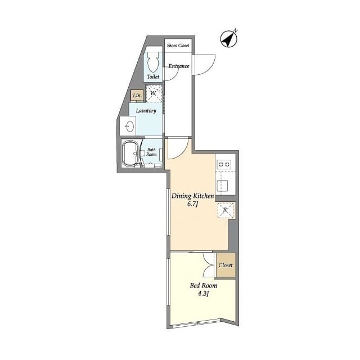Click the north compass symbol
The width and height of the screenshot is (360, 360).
click(x=229, y=39)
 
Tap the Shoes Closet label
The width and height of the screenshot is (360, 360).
click(x=178, y=46)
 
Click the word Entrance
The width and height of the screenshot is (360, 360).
click(x=179, y=66)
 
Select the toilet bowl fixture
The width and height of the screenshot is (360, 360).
click(x=152, y=62)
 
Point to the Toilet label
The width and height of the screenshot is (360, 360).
click(x=153, y=76)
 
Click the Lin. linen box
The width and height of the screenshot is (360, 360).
click(x=137, y=95)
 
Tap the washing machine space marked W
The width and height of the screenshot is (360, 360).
click(x=154, y=93)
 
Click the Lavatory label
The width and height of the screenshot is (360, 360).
click(x=146, y=111)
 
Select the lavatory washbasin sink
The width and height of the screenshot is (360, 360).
click(x=129, y=126)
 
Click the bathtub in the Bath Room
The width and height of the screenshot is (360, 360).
click(x=130, y=153)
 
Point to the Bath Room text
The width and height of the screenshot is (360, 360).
click(x=151, y=152)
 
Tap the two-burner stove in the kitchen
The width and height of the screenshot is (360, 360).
click(x=224, y=164)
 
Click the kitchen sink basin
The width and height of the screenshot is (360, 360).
click(x=223, y=186)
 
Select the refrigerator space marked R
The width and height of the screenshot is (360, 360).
click(x=226, y=210)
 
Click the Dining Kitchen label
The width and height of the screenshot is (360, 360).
click(x=193, y=196)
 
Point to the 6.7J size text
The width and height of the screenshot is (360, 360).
click(x=192, y=204)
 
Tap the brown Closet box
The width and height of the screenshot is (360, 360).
click(x=226, y=265)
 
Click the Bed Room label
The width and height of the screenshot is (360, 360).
click(x=204, y=286)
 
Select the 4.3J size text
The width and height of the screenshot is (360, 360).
click(x=204, y=294)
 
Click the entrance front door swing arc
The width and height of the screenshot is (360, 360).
click(x=210, y=68)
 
